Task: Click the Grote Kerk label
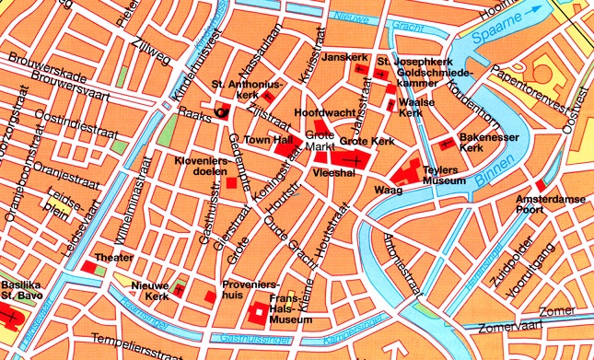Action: [367, 142]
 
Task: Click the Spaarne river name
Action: [499, 36]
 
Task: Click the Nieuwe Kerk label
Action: [147, 293]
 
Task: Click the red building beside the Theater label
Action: [89, 267]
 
